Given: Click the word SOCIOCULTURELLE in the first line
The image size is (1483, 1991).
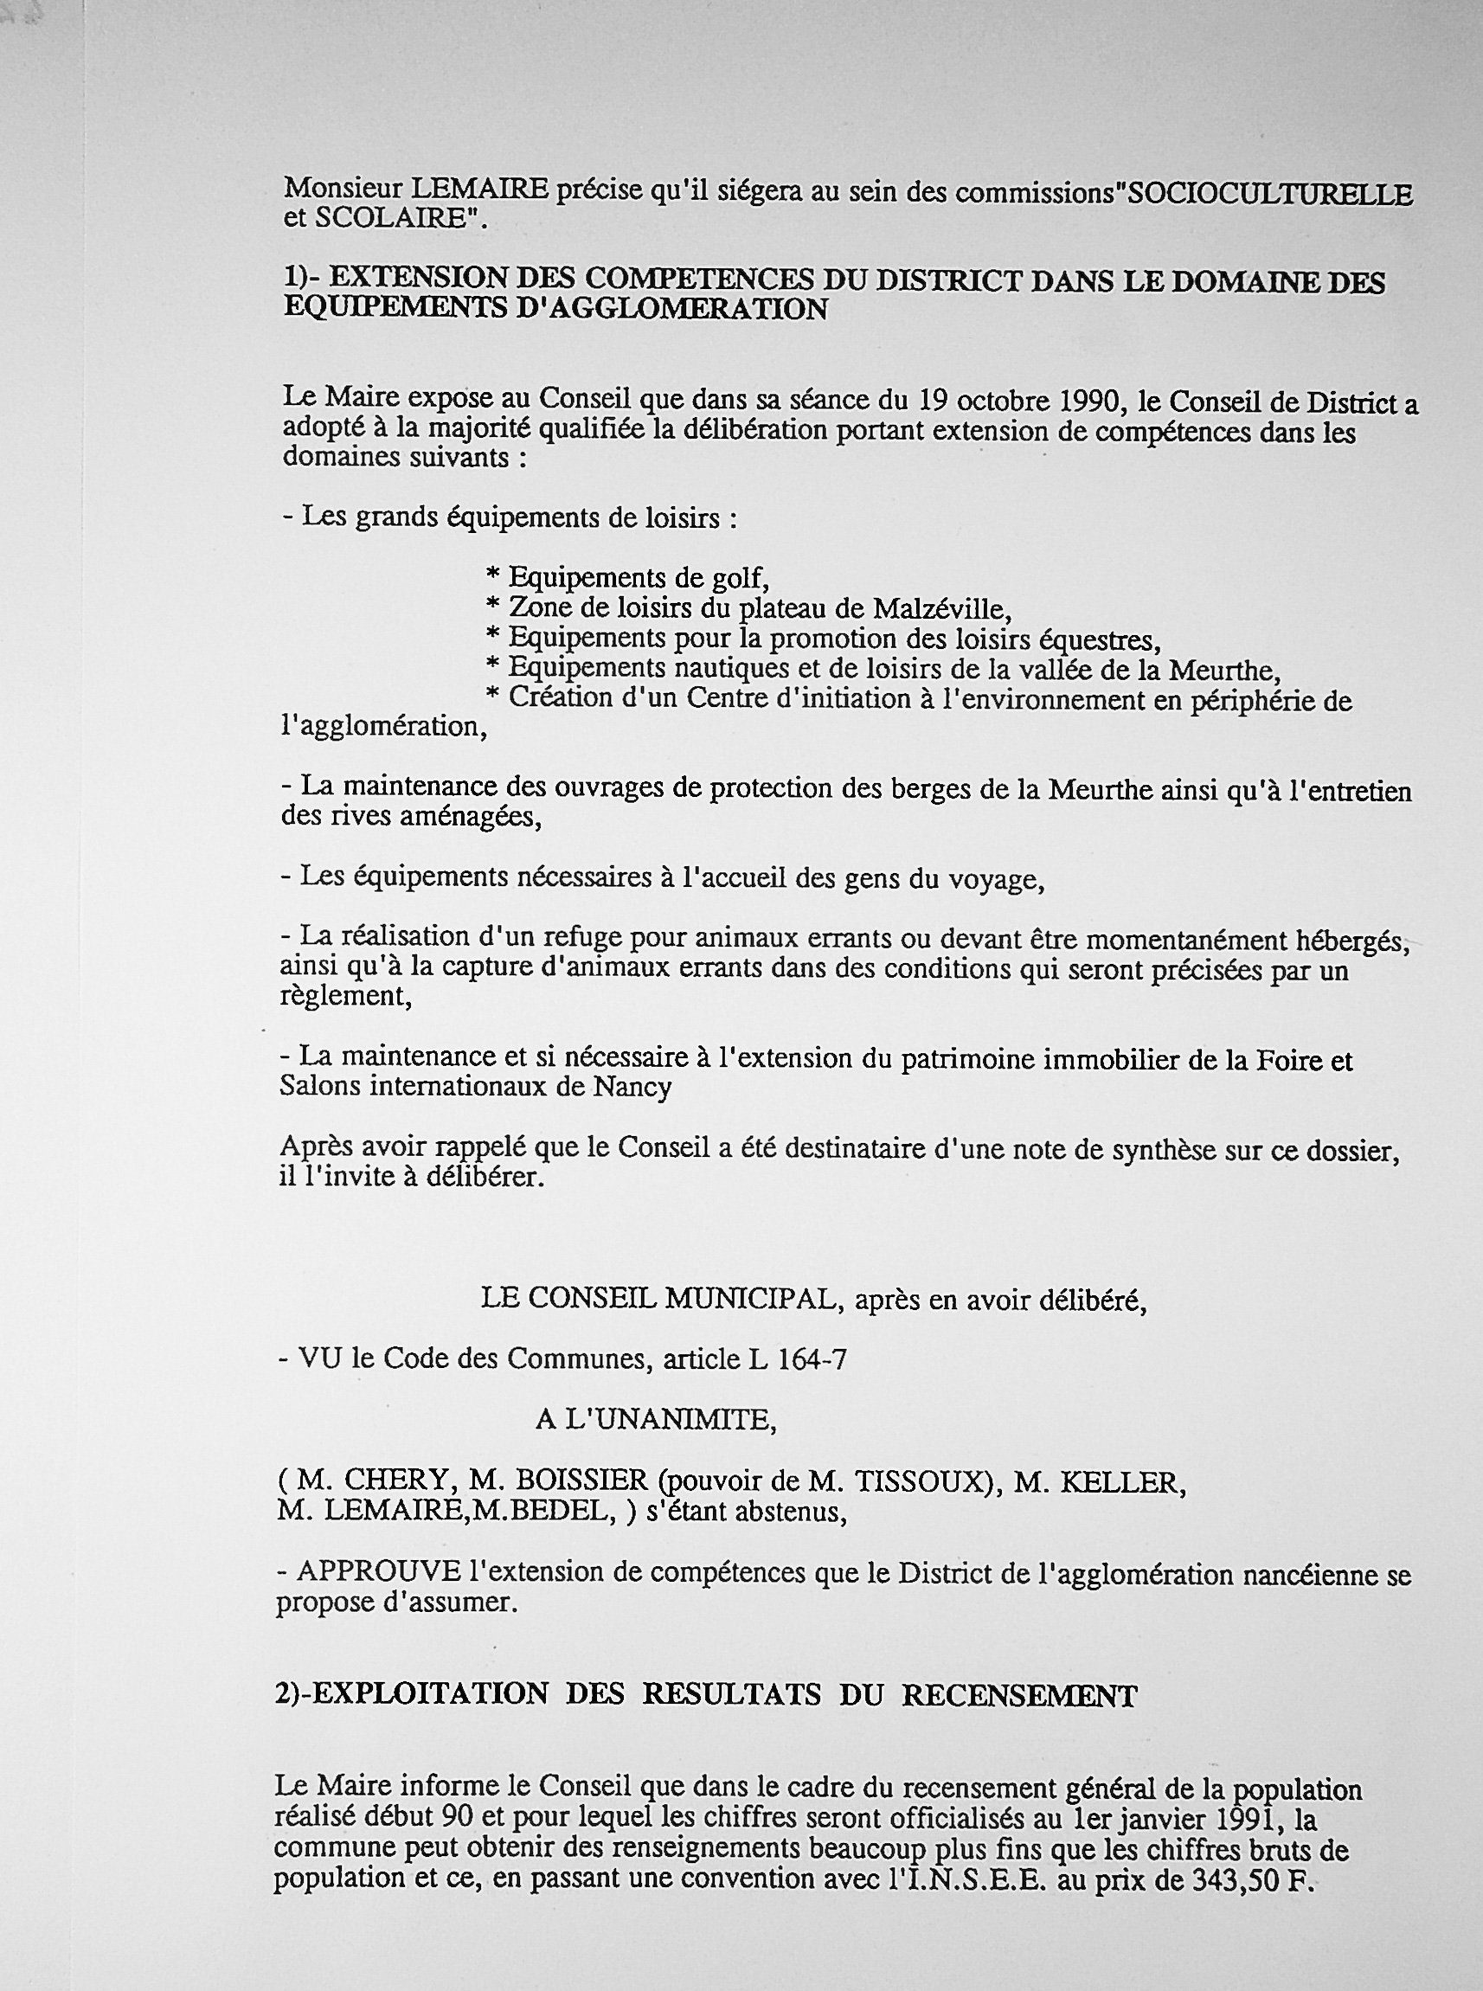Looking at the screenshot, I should click(x=1268, y=195).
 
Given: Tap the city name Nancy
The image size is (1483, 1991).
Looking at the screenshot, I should click(x=632, y=1087).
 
